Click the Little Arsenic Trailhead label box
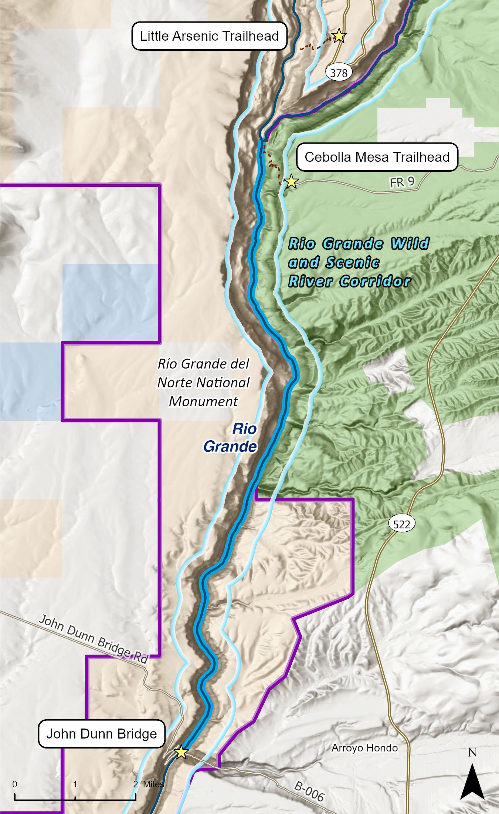click(209, 36)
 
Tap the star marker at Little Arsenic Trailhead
click(339, 36)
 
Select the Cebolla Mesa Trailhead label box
click(377, 157)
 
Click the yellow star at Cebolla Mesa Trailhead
click(291, 181)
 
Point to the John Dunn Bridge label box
click(102, 733)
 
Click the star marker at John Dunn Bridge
click(181, 752)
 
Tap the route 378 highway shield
click(339, 73)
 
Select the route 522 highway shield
click(401, 524)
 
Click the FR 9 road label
click(402, 182)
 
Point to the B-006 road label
click(309, 791)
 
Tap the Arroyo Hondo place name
click(364, 748)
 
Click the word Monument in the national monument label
click(203, 401)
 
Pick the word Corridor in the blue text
click(375, 281)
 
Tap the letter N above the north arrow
click(472, 753)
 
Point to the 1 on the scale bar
click(75, 784)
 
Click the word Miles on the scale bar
click(153, 784)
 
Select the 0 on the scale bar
click(15, 784)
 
